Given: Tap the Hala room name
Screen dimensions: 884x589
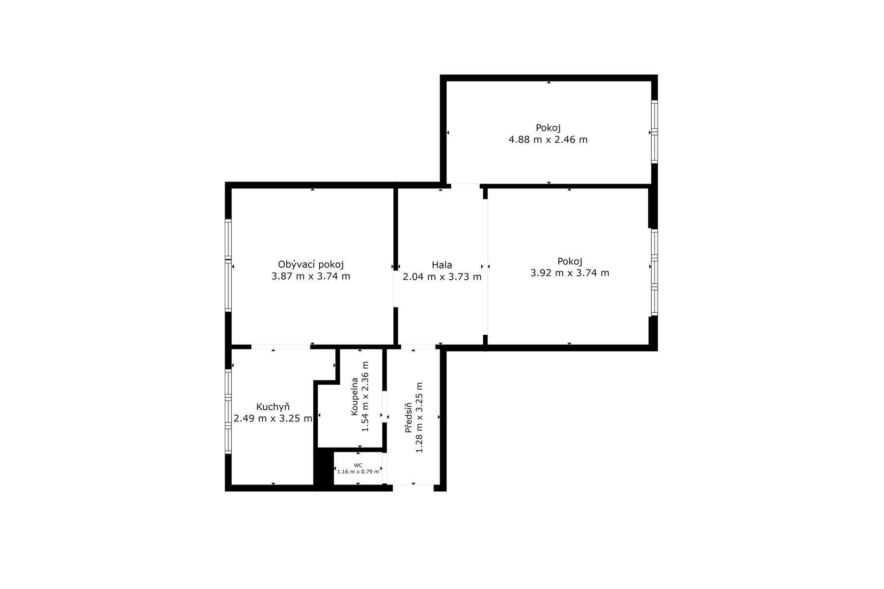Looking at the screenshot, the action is [442, 265].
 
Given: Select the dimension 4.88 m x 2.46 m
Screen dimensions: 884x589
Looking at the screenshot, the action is [548, 139].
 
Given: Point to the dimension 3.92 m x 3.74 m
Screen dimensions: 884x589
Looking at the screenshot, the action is [570, 273].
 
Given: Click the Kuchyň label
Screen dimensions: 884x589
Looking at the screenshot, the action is [273, 407].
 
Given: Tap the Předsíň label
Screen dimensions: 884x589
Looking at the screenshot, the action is [408, 418].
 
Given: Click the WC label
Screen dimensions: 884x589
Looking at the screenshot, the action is [358, 465].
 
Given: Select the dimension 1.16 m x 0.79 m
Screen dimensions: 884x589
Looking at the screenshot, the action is [358, 472].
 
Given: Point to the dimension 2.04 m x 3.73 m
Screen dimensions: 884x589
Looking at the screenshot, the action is [442, 277].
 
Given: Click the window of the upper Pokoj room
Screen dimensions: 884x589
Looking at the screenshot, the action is [654, 132].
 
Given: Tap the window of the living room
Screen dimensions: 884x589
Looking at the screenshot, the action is [228, 265].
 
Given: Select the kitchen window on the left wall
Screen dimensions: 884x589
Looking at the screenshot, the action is [228, 411].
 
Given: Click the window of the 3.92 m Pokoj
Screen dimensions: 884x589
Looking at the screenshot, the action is [654, 272].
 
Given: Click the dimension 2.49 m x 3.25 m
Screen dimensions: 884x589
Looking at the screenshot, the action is [273, 419].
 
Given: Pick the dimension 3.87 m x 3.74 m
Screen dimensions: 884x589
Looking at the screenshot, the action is [311, 276].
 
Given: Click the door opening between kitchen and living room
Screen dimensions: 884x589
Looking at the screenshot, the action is [281, 347].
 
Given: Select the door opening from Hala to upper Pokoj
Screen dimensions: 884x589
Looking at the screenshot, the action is [466, 186].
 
